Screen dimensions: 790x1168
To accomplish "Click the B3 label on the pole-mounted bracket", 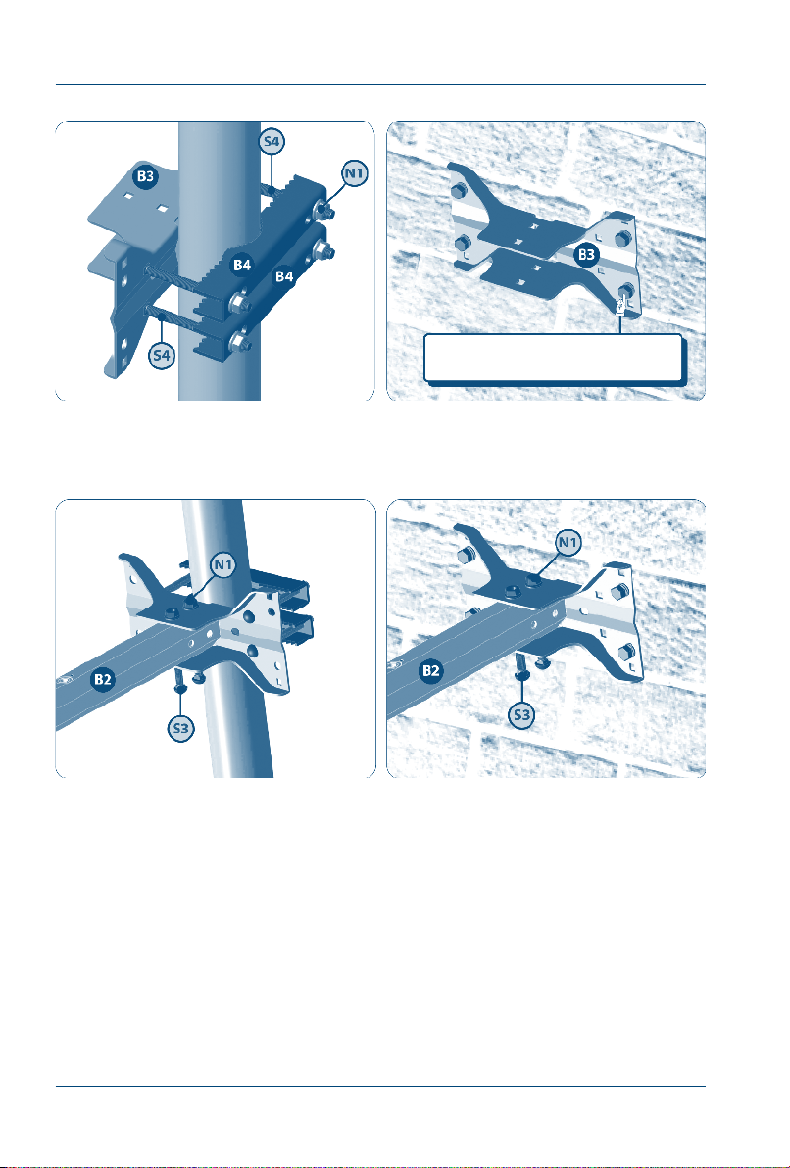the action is [x=145, y=176].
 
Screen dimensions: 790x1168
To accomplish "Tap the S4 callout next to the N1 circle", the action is [x=272, y=141].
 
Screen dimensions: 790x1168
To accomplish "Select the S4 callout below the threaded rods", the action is [x=162, y=356].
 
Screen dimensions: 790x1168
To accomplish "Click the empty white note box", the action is [x=553, y=359].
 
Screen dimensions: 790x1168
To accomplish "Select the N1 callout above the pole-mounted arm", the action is [x=223, y=565].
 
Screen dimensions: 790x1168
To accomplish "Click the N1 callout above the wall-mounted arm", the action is [x=568, y=545].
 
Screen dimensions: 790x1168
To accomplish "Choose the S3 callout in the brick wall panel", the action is [x=521, y=716].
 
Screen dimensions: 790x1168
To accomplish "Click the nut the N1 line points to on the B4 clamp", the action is [x=324, y=210].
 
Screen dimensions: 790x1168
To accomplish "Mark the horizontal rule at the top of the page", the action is [x=381, y=85].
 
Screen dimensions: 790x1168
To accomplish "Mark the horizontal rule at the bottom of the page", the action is [x=381, y=1086].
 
